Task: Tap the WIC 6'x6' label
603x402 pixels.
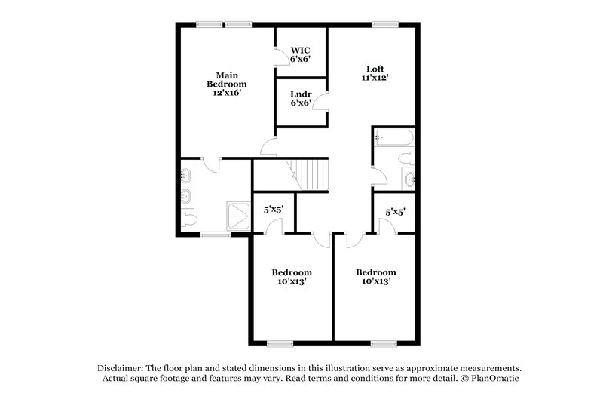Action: point(300,54)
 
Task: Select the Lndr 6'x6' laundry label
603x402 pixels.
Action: point(300,99)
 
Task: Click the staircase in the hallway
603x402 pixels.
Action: point(311,175)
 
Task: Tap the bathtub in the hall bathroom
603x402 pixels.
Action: point(393,138)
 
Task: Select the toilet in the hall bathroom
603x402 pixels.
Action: point(406,158)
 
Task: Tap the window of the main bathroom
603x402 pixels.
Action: point(215,235)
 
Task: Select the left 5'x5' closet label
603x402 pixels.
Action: point(273,212)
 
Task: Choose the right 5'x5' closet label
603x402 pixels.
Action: point(395,213)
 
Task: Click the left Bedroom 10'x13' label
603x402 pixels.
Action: point(292,277)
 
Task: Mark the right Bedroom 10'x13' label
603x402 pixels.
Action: point(375,277)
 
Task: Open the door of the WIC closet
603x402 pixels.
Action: point(279,56)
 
